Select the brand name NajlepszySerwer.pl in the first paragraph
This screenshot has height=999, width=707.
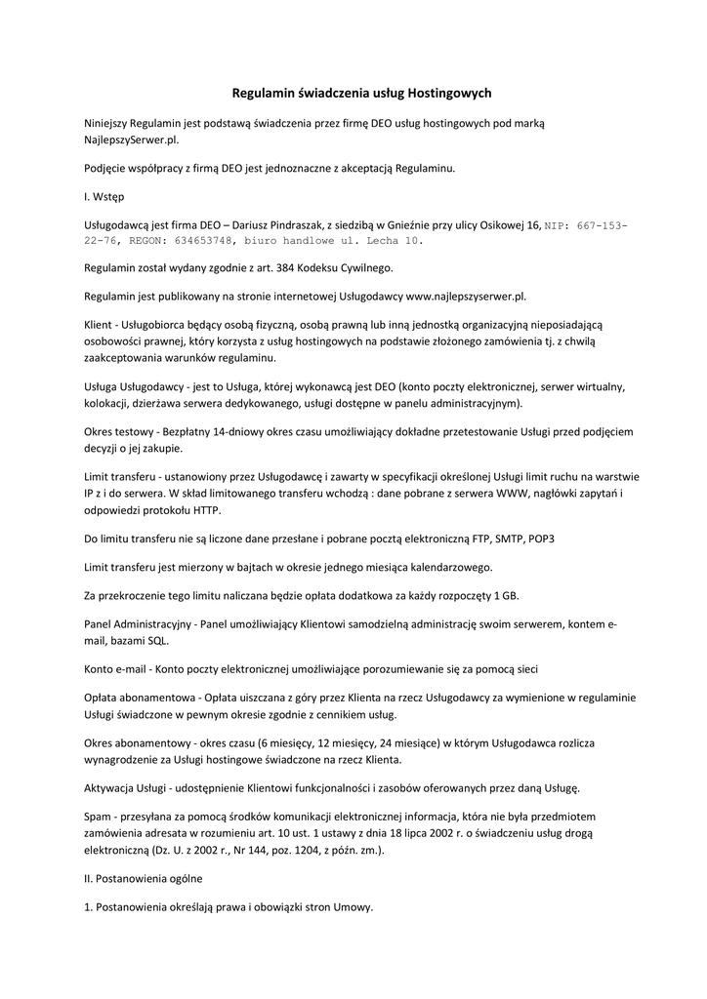tap(132, 140)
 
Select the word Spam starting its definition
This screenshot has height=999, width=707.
tap(98, 816)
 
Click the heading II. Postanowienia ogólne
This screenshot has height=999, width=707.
tap(143, 879)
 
